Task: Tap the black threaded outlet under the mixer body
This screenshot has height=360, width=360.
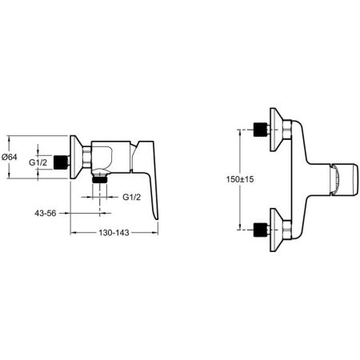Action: pos(101,182)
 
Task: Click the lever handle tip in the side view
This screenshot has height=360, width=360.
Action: pos(157,214)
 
